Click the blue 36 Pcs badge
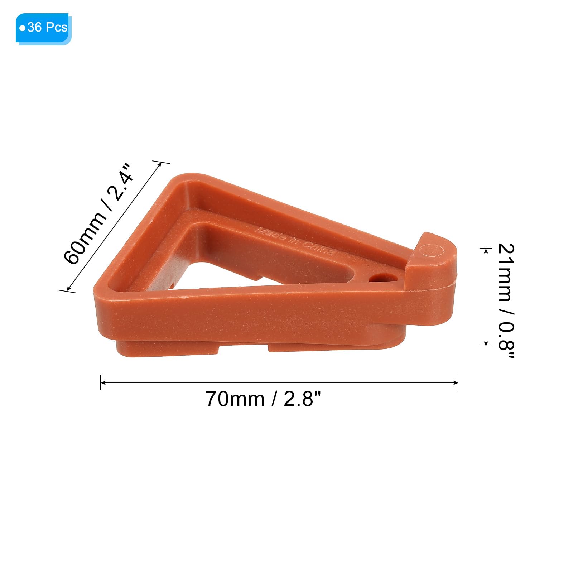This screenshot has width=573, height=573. pyautogui.click(x=43, y=29)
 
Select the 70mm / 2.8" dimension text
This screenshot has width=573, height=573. pyautogui.click(x=264, y=399)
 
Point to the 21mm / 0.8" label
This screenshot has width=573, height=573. pyautogui.click(x=506, y=301)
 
